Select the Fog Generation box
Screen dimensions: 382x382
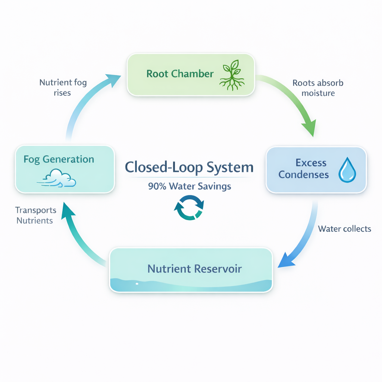pyautogui.click(x=65, y=169)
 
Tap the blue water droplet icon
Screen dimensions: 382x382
pyautogui.click(x=347, y=170)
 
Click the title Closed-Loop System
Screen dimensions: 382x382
pyautogui.click(x=189, y=167)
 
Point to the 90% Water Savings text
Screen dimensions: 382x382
pyautogui.click(x=190, y=186)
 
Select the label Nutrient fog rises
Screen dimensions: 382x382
pyautogui.click(x=63, y=87)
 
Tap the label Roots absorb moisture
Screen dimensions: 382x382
pyautogui.click(x=318, y=88)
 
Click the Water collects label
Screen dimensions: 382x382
pyautogui.click(x=344, y=229)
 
